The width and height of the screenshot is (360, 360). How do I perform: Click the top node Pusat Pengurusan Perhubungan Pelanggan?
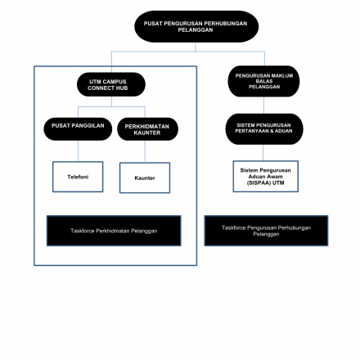point(196,26)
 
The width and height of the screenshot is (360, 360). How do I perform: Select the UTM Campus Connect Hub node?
point(111,84)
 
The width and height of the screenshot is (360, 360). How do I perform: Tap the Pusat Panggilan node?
point(78,129)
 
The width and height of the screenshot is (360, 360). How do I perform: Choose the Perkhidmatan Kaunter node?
point(147,129)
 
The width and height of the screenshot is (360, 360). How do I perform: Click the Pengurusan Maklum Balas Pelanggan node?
point(263,81)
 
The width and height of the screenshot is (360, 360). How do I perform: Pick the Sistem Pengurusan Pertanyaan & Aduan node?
point(264,129)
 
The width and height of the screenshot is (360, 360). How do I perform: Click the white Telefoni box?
point(78,177)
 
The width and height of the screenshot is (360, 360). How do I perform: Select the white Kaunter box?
point(145,178)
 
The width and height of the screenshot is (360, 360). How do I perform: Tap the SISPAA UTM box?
point(266,176)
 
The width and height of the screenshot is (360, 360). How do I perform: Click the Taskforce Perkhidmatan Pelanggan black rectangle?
point(114,231)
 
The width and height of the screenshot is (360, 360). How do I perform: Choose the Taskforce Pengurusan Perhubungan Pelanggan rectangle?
point(266,231)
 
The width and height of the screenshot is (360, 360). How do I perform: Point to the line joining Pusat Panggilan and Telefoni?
point(78,151)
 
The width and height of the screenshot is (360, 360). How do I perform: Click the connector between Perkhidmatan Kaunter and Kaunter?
point(145,151)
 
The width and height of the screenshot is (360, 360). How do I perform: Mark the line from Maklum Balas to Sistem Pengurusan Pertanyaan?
point(263,106)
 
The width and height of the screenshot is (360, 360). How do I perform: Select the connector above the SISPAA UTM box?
point(263,153)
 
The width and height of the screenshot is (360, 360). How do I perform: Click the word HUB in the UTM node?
point(122,88)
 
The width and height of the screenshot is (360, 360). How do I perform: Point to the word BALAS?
point(264,81)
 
